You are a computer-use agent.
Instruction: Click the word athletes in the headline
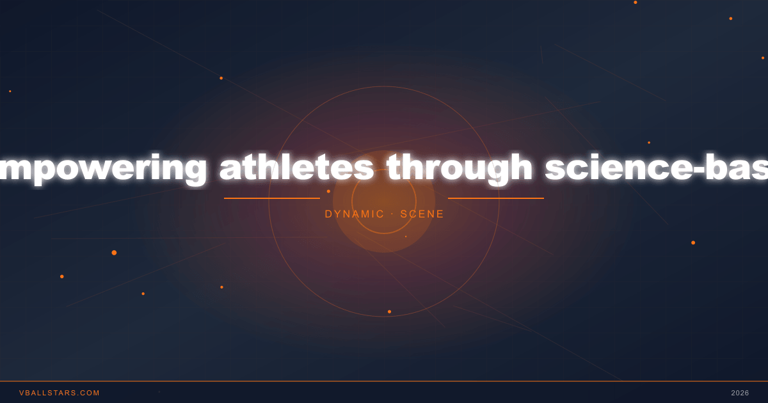point(297,168)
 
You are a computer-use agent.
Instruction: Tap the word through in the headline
point(460,168)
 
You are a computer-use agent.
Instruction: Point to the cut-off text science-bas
point(657,168)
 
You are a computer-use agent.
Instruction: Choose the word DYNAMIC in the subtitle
point(355,214)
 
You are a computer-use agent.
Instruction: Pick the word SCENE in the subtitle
point(422,214)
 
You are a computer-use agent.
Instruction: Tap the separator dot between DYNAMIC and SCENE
point(392,214)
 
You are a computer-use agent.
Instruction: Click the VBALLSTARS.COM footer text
point(60,393)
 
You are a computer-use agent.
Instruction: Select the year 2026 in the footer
point(740,393)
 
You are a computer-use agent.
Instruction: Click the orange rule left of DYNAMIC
point(272,198)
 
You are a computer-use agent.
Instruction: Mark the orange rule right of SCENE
point(496,198)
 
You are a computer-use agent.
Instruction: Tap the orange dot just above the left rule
point(328,191)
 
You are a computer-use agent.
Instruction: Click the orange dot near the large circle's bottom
point(389,312)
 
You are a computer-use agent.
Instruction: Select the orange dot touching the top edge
point(636,3)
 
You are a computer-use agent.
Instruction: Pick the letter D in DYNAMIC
point(328,214)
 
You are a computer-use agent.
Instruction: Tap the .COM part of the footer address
point(89,393)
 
